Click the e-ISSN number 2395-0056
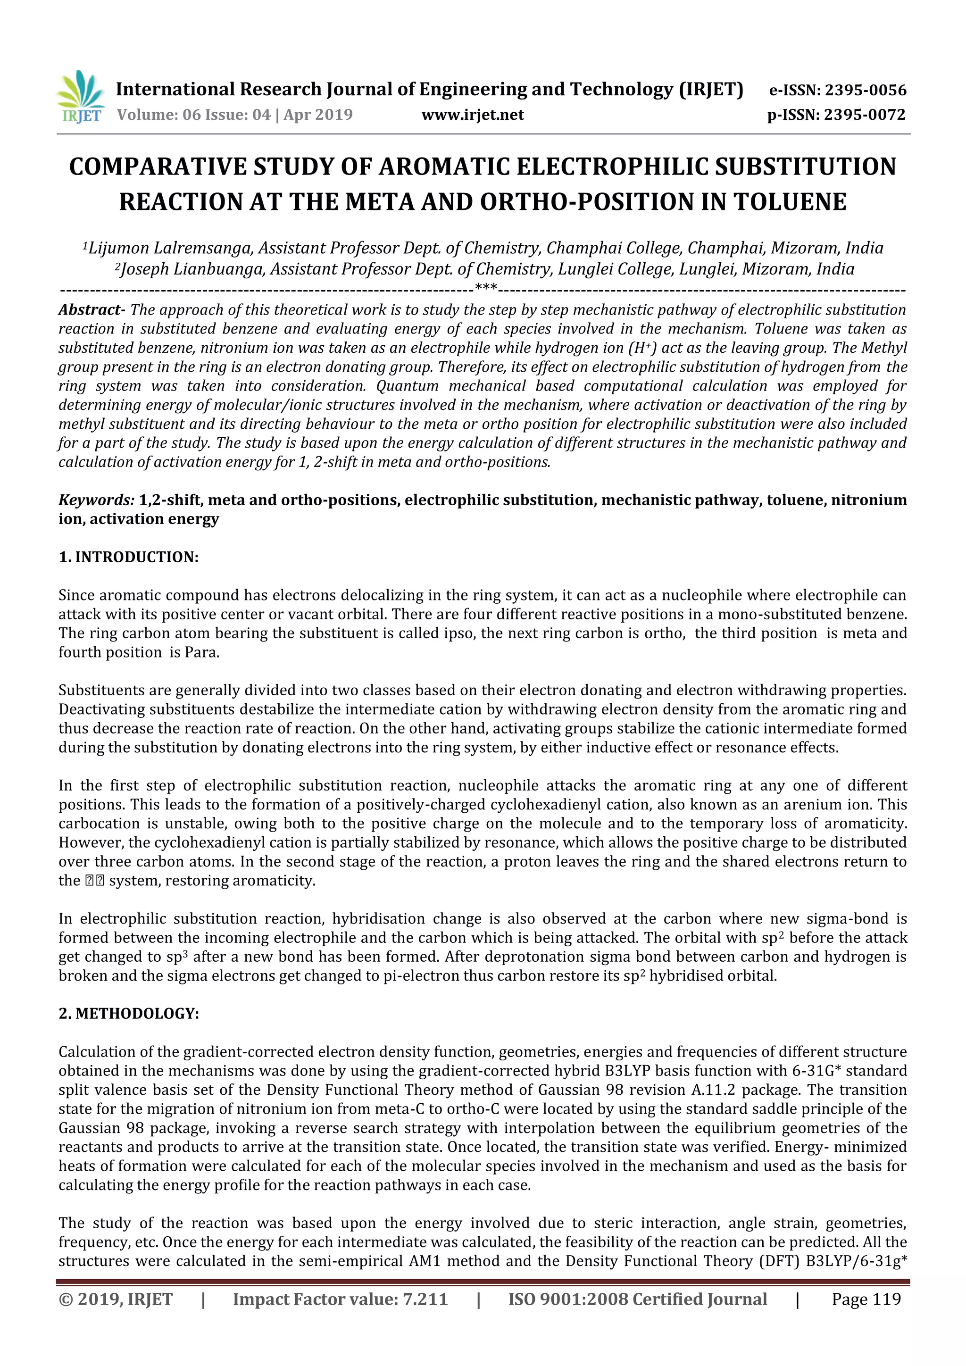pos(865,91)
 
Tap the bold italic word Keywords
pos(96,500)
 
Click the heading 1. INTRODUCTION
pos(128,558)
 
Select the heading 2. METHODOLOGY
pos(128,1014)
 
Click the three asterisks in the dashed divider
pos(486,290)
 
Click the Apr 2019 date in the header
pos(318,115)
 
